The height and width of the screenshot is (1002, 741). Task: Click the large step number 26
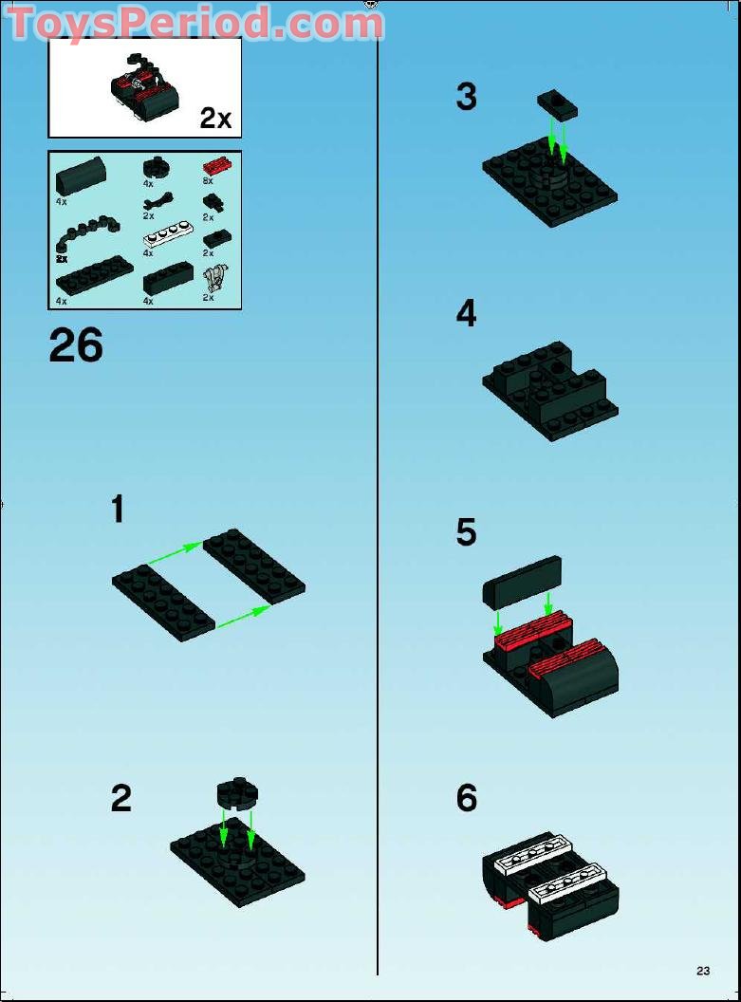(x=76, y=346)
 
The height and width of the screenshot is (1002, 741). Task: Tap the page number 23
(x=702, y=971)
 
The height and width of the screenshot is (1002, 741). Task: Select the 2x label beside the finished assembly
(x=215, y=118)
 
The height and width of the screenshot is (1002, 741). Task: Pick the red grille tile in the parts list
(x=216, y=164)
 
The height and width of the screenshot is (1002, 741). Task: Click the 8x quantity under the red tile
(x=208, y=180)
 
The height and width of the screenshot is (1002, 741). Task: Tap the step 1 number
(x=118, y=510)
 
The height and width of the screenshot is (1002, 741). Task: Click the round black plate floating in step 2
(x=237, y=794)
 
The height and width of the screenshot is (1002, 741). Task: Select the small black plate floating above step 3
(x=557, y=104)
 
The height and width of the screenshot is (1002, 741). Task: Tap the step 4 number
(x=466, y=314)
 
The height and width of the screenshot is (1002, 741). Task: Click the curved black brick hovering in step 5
(x=523, y=581)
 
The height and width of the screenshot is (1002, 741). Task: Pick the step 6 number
(x=466, y=798)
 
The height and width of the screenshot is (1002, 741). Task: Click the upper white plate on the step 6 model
(x=532, y=853)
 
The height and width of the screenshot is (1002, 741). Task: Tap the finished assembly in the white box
(x=143, y=89)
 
